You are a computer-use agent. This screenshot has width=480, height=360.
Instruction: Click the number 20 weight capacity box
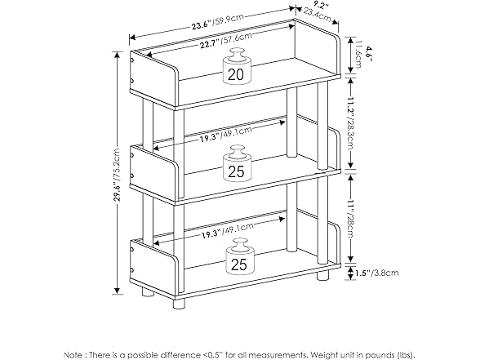point(237,74)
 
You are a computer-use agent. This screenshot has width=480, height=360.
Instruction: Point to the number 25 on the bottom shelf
point(238,264)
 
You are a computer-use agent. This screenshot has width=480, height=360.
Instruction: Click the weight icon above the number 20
point(237,57)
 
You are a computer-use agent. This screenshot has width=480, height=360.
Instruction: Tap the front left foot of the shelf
point(179,302)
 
